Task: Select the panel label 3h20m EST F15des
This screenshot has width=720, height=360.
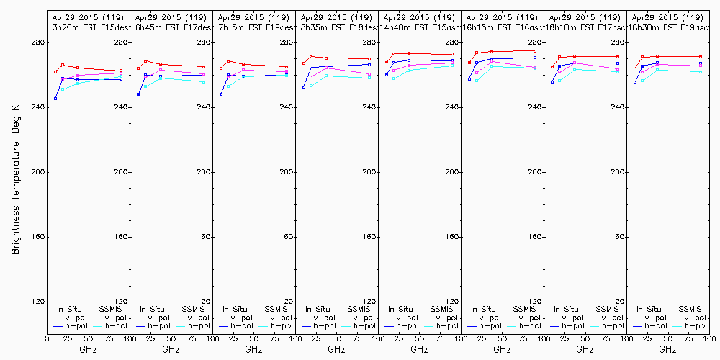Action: pyautogui.click(x=87, y=27)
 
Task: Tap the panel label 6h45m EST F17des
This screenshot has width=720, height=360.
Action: pyautogui.click(x=170, y=27)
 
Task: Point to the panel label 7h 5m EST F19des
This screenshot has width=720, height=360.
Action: pyautogui.click(x=253, y=27)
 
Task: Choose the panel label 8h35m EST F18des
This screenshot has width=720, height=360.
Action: pyautogui.click(x=336, y=27)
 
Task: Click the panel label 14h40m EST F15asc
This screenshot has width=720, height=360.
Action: pyautogui.click(x=418, y=27)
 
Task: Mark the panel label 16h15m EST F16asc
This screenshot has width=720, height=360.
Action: pyautogui.click(x=501, y=27)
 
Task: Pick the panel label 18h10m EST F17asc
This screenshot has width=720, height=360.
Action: pyautogui.click(x=584, y=27)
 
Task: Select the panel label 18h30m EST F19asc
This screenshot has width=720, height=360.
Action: pyautogui.click(x=667, y=27)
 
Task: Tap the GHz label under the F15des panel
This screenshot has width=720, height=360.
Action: pyautogui.click(x=88, y=349)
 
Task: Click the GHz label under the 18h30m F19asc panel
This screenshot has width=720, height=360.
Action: pyautogui.click(x=667, y=349)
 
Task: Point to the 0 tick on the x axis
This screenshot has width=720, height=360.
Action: pyautogui.click(x=47, y=337)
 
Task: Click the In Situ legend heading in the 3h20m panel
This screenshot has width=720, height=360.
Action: pyautogui.click(x=69, y=310)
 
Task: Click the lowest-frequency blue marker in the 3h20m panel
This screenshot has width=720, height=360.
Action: pyautogui.click(x=55, y=99)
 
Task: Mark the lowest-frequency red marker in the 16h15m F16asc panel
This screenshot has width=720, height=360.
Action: pyautogui.click(x=469, y=63)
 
